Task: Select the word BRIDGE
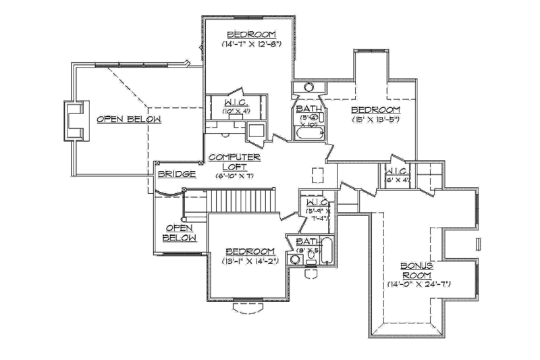176,174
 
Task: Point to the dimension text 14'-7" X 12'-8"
250,44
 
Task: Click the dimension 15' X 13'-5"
376,120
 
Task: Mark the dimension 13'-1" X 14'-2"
250,261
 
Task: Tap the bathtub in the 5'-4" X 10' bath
308,135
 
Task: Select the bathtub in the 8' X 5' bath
327,252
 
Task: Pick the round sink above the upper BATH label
308,87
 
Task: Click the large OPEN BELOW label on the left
129,120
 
